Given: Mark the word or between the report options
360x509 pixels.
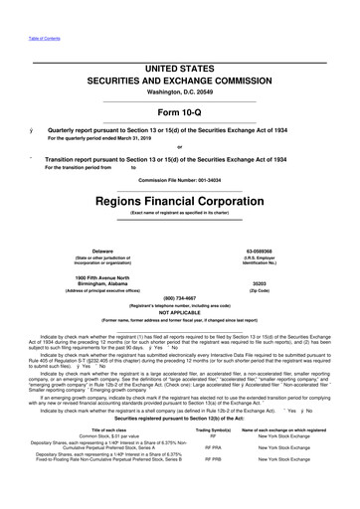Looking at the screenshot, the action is tap(180, 150).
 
